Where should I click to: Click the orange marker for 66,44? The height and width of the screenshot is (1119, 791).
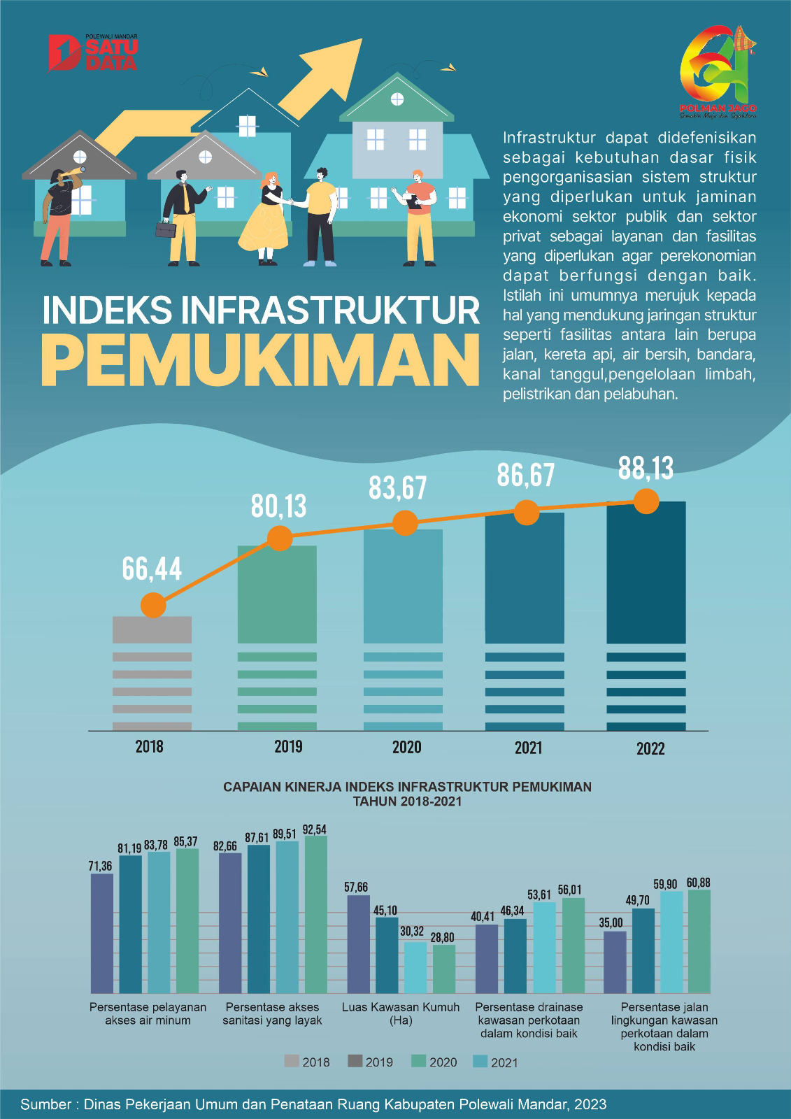coord(153,605)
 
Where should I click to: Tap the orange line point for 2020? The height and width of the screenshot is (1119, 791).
coord(405,522)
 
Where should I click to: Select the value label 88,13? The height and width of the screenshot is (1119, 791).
coord(646,469)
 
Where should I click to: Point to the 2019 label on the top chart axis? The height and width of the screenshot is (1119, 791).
coord(288,747)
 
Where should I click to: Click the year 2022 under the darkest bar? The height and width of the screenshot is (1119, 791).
coord(650,749)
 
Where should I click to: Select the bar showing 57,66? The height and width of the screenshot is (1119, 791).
coord(358,943)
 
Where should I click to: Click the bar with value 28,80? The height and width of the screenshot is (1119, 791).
coord(443,969)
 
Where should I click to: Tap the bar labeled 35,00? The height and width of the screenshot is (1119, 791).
coord(615,962)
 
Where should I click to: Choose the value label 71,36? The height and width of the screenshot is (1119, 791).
coord(100,866)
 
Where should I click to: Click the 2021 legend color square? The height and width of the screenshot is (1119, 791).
coord(480,1062)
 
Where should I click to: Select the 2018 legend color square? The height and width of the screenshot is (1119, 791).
coord(292,1061)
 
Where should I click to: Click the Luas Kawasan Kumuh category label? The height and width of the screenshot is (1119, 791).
coord(401,1013)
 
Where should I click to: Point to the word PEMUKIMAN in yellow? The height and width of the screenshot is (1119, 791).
coord(261,360)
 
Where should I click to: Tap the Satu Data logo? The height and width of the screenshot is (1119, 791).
coord(93,53)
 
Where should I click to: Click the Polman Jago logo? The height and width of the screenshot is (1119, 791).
coord(718,71)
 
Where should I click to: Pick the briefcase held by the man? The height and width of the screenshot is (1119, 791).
coord(166,229)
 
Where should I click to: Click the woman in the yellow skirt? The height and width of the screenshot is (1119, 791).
coord(265,217)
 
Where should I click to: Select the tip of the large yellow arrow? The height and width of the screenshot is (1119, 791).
coord(359,42)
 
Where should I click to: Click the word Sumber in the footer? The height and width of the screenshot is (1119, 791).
coord(45,1104)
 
